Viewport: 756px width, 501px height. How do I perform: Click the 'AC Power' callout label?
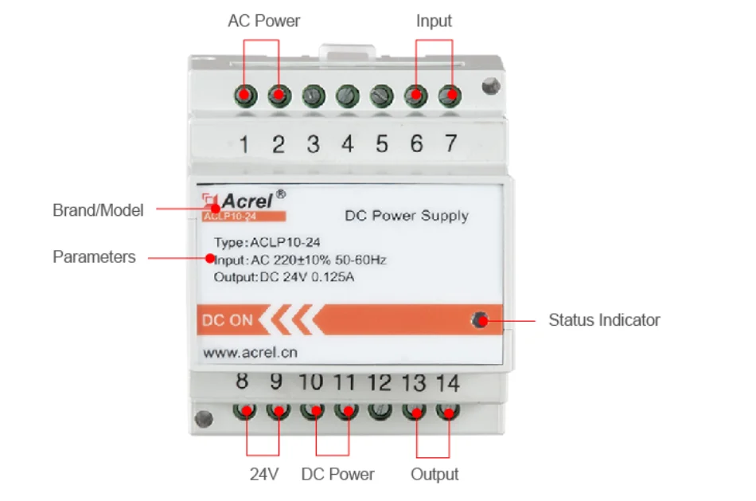(263, 21)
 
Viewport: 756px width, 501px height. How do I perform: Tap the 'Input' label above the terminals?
(434, 21)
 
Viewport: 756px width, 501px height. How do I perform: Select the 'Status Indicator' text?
(604, 320)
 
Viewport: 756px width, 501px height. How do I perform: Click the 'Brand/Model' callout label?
(98, 210)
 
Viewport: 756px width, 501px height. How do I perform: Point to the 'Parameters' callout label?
(94, 257)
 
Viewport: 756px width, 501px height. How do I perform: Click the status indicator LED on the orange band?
(479, 320)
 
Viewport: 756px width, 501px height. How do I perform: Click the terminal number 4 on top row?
(348, 144)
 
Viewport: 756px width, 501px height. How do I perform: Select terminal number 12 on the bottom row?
(380, 383)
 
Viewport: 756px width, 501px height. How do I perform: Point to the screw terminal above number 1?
(244, 96)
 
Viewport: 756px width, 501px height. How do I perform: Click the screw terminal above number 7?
(450, 96)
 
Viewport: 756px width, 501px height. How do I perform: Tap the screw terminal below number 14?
(448, 413)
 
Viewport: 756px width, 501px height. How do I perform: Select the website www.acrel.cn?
(251, 351)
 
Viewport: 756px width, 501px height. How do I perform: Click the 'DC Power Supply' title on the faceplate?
(407, 216)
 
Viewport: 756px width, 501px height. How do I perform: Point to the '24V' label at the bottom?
(263, 475)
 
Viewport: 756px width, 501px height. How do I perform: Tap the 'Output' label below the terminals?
(435, 475)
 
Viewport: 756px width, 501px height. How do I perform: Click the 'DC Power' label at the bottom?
(337, 475)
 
